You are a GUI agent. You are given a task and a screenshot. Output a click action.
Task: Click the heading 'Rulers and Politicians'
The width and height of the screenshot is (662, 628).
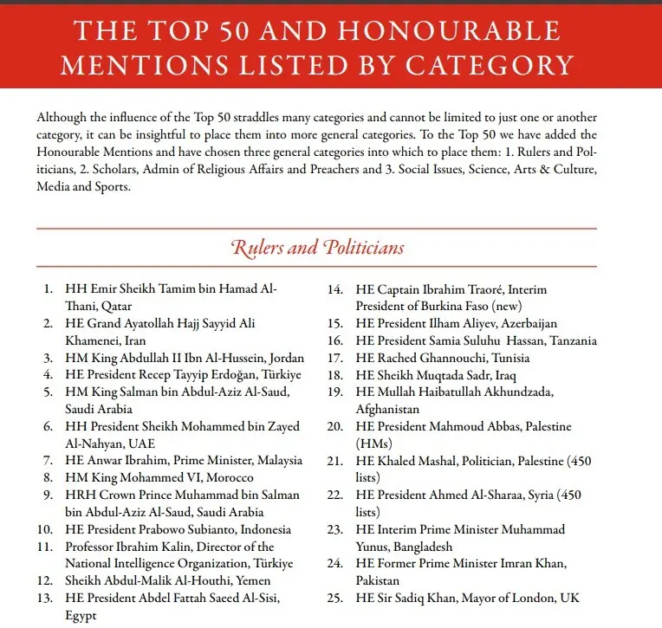click(317, 248)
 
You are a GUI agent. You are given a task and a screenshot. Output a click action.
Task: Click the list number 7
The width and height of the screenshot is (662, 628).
click(49, 460)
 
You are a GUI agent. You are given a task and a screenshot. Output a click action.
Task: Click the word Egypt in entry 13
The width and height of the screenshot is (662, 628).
click(81, 615)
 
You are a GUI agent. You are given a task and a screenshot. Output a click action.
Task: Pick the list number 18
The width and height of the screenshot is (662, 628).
click(337, 374)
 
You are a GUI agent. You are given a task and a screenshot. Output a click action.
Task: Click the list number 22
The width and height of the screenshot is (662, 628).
click(337, 495)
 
